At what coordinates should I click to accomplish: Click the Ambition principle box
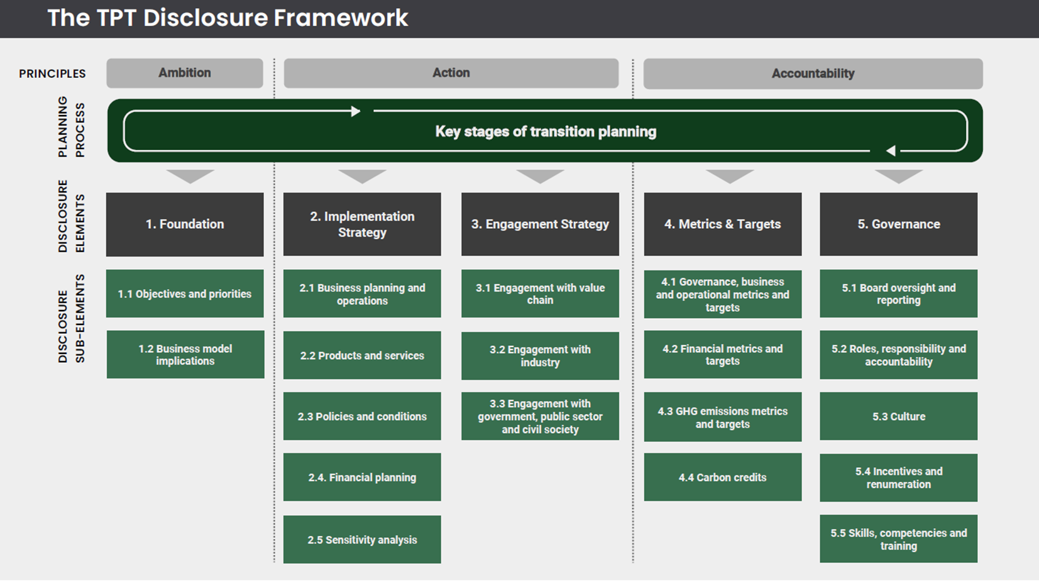point(184,73)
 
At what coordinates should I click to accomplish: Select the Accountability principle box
point(813,74)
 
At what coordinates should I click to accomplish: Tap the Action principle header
point(451,73)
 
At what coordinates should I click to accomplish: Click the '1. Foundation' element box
point(185,224)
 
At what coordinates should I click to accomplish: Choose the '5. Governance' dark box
point(898,224)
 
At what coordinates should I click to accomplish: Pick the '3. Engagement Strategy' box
point(540,224)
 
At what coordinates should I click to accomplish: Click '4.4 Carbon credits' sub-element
point(722,477)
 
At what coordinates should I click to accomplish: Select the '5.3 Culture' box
point(898,416)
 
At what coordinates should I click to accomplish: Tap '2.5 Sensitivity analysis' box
point(362,539)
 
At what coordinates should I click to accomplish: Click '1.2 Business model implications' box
point(185,355)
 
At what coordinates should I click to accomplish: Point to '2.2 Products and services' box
point(362,355)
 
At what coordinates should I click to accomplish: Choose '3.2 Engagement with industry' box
point(540,356)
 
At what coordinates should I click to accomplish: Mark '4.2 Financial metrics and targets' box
point(722,355)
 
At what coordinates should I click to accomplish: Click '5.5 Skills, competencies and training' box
point(898,539)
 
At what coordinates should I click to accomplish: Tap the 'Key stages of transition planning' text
point(546,131)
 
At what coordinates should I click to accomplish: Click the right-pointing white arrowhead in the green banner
point(356,111)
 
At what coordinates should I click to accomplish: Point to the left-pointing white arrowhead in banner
point(890,151)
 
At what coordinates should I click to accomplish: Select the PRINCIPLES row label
point(52,74)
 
